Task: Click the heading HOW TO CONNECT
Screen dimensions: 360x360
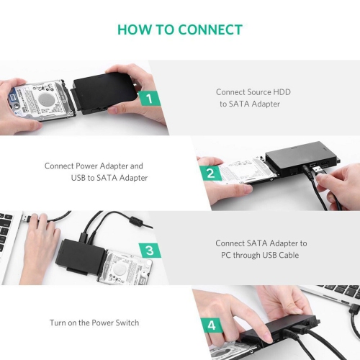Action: (180, 30)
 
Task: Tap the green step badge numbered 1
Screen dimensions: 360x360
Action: (148, 98)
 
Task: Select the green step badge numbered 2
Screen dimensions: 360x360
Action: (211, 174)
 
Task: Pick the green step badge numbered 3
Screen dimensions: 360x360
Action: (149, 250)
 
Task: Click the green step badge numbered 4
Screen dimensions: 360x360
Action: (211, 325)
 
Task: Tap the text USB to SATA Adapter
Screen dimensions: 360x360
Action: (109, 178)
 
